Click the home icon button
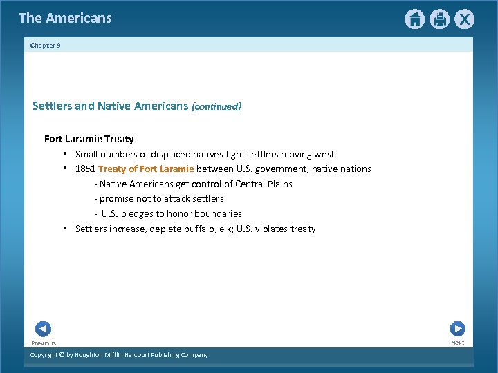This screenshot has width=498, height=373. click(414, 19)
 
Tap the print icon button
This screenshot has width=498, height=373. click(439, 19)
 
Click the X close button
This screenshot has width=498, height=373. click(464, 19)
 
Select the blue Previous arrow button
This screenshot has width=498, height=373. click(43, 329)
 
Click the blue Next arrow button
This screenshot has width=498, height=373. click(457, 329)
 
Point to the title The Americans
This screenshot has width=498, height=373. click(65, 19)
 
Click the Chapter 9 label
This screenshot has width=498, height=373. click(46, 45)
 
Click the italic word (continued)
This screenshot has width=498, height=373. click(216, 107)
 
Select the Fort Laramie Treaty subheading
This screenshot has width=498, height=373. click(89, 139)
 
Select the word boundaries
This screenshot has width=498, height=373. click(218, 214)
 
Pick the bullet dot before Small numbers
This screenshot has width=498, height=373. click(64, 153)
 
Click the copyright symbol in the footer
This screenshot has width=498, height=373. click(61, 355)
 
